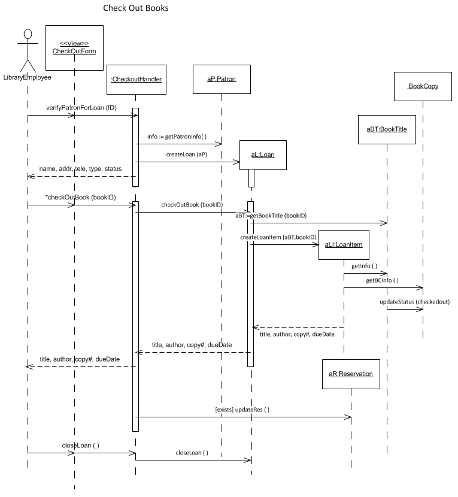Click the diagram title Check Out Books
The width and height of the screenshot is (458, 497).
click(136, 8)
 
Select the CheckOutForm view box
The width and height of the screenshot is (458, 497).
click(74, 47)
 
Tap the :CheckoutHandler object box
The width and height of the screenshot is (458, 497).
click(136, 78)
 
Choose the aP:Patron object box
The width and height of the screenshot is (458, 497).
click(221, 78)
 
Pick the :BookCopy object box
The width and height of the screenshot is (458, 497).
click(423, 86)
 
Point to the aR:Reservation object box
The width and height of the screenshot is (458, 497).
click(351, 374)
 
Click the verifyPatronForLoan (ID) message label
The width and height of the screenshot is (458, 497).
click(81, 107)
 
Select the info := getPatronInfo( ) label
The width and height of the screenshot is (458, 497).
click(177, 137)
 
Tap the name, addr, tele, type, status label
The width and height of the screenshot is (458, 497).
click(80, 169)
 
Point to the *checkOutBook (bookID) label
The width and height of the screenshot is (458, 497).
click(81, 198)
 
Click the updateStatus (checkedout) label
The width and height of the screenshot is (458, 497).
click(414, 302)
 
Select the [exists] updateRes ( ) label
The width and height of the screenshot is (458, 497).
click(242, 410)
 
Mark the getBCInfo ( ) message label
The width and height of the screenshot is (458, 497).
click(383, 280)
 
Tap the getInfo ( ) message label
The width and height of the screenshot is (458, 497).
click(364, 266)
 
